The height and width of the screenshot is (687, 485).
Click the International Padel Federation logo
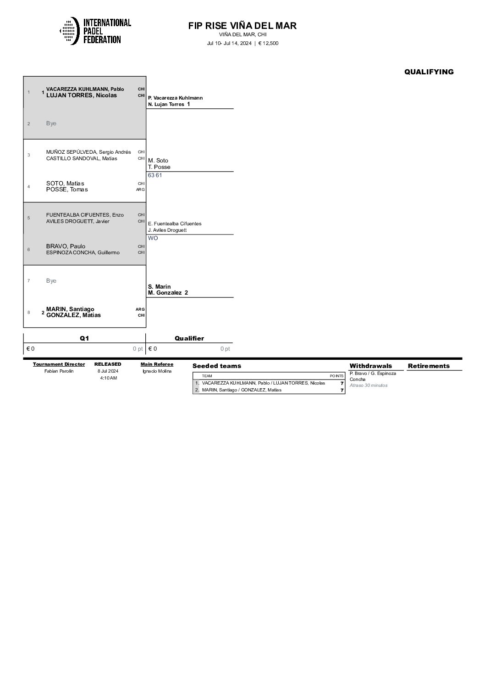[95, 31]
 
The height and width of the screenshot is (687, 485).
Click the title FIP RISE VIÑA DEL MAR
[242, 26]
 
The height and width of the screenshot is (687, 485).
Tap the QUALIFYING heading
[429, 72]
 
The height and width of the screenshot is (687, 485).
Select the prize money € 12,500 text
[269, 44]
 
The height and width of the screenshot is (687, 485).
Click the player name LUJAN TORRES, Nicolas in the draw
[82, 95]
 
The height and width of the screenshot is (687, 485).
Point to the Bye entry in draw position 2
[51, 123]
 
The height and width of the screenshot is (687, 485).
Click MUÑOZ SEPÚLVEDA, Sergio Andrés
[88, 152]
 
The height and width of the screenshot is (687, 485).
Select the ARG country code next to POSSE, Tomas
[140, 190]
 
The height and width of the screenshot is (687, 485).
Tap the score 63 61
[155, 175]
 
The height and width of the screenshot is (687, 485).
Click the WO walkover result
[153, 238]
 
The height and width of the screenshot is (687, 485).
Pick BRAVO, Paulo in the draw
[66, 246]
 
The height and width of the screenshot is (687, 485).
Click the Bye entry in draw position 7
[51, 281]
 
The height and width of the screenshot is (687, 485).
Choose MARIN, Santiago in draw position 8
[70, 309]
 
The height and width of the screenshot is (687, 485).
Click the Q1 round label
[84, 338]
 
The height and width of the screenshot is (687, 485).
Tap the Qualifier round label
[189, 338]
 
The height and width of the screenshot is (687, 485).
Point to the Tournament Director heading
[59, 364]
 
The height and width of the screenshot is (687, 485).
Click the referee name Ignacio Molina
[157, 371]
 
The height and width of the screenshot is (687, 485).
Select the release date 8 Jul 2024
[108, 371]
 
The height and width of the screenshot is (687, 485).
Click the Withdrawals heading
[370, 366]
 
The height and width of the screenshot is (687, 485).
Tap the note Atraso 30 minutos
[368, 385]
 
